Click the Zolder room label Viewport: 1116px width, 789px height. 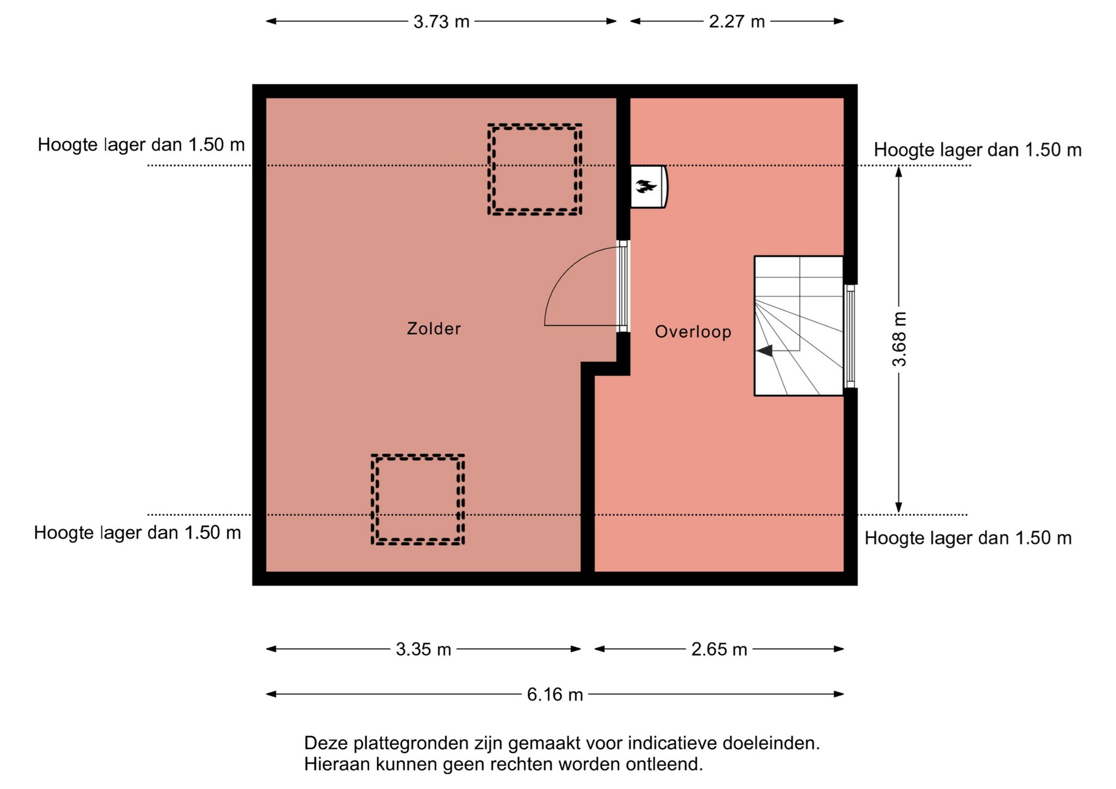tap(434, 329)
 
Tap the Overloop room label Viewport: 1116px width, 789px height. tap(693, 332)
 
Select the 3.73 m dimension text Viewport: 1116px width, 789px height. tap(441, 22)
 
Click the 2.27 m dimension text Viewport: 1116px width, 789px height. tap(736, 22)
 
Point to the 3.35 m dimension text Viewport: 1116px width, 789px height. tap(423, 649)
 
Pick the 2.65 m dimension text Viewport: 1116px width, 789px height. tap(719, 649)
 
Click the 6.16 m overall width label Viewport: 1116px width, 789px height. tap(555, 694)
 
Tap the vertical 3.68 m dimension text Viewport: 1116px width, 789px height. tap(899, 339)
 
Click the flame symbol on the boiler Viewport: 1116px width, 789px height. tap(646, 187)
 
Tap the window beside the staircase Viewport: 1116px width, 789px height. tap(850, 336)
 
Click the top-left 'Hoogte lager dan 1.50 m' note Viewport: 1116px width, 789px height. tap(141, 145)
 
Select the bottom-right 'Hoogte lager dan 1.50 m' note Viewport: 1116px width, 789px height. tap(968, 538)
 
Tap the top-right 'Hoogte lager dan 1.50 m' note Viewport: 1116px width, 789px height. tap(978, 150)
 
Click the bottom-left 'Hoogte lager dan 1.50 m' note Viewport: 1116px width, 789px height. tap(137, 533)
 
